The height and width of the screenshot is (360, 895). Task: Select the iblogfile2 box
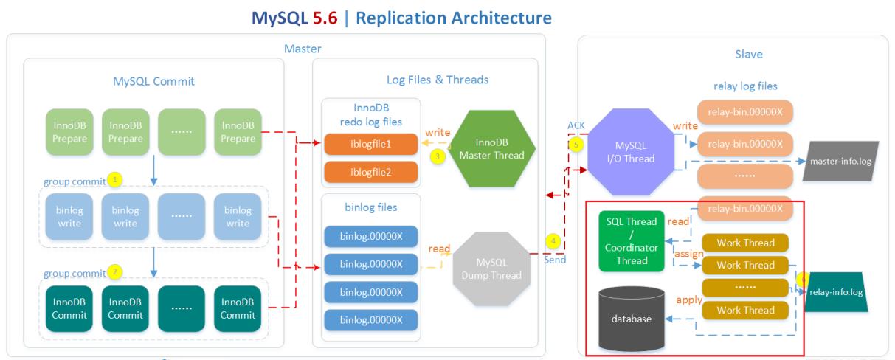point(370,172)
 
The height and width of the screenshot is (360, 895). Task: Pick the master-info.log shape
point(842,161)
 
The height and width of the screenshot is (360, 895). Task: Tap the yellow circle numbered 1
point(114,179)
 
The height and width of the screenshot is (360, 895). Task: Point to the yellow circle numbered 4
point(553,241)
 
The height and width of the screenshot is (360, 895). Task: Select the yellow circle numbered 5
point(576,144)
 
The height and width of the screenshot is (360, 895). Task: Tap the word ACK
point(576,126)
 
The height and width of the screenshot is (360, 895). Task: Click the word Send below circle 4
point(556,260)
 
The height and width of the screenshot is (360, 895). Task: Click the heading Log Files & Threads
point(438,79)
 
